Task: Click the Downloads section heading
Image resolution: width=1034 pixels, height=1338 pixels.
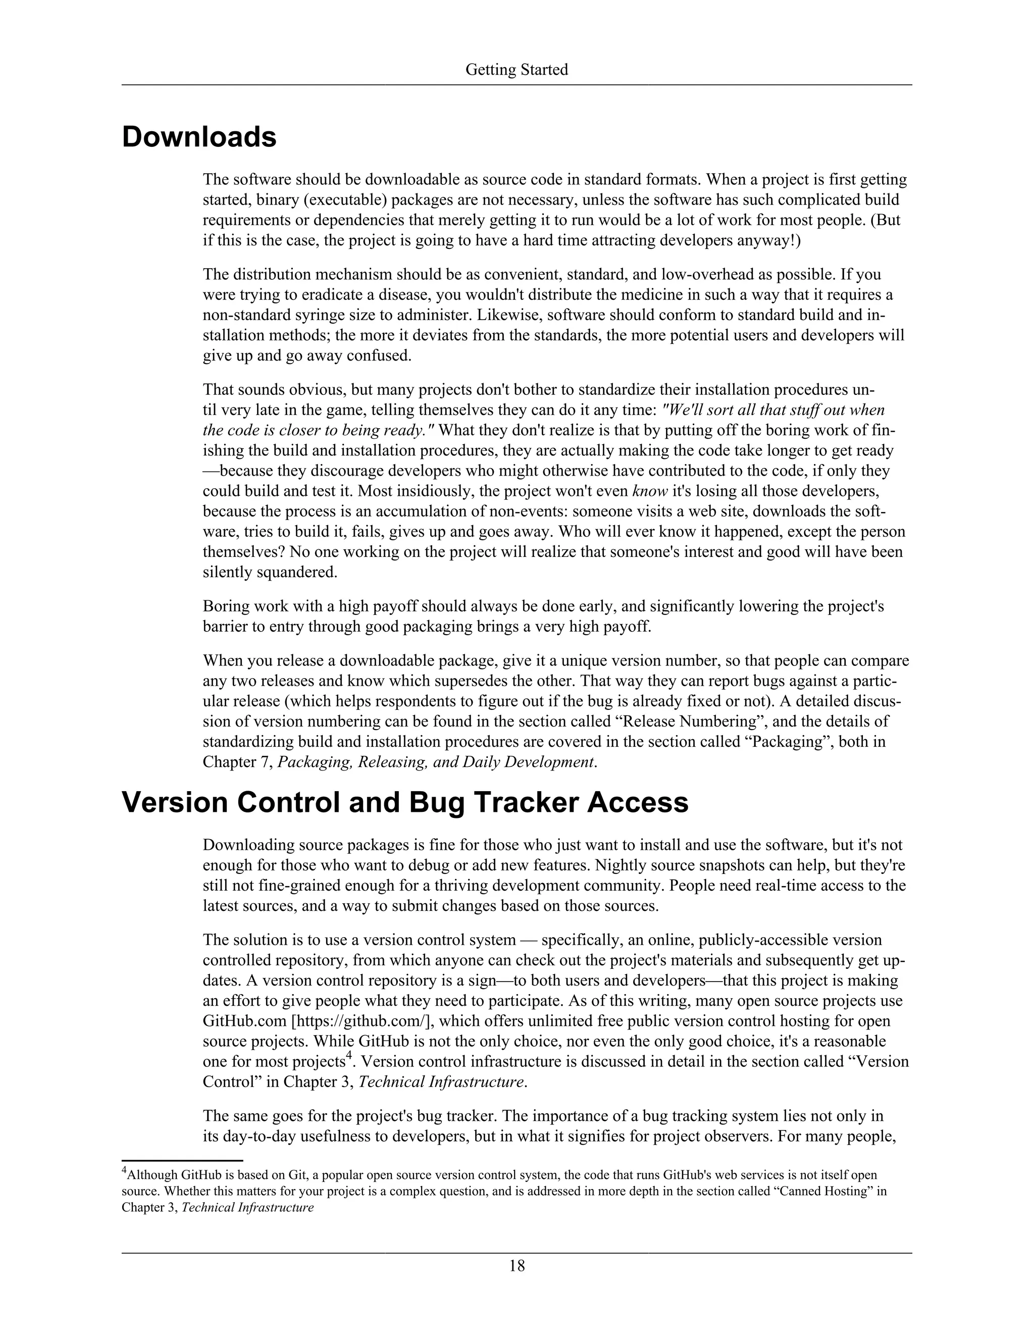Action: [199, 137]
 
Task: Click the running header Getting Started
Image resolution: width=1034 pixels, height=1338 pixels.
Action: [516, 70]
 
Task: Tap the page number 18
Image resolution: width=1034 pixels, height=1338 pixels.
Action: [516, 1266]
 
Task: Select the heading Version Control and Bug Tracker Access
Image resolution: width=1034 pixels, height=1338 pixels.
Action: [405, 803]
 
